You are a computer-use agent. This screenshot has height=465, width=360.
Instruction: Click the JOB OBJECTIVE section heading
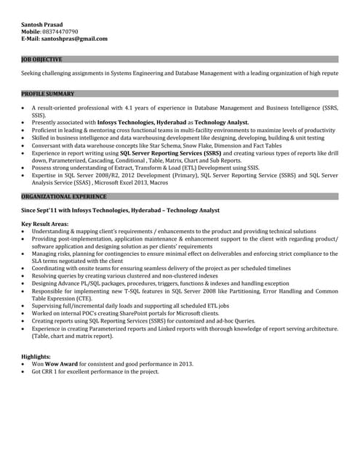[41, 59]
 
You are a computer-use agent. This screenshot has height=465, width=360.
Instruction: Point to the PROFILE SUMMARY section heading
[48, 94]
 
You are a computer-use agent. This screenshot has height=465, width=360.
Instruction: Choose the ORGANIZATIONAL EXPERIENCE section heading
[64, 196]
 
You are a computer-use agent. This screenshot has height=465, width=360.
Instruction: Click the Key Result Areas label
[45, 224]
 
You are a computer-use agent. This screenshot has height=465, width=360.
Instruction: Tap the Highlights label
[36, 357]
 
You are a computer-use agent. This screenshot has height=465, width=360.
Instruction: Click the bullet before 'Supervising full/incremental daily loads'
[25, 306]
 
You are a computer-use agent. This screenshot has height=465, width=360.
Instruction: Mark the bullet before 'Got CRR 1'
[25, 371]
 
